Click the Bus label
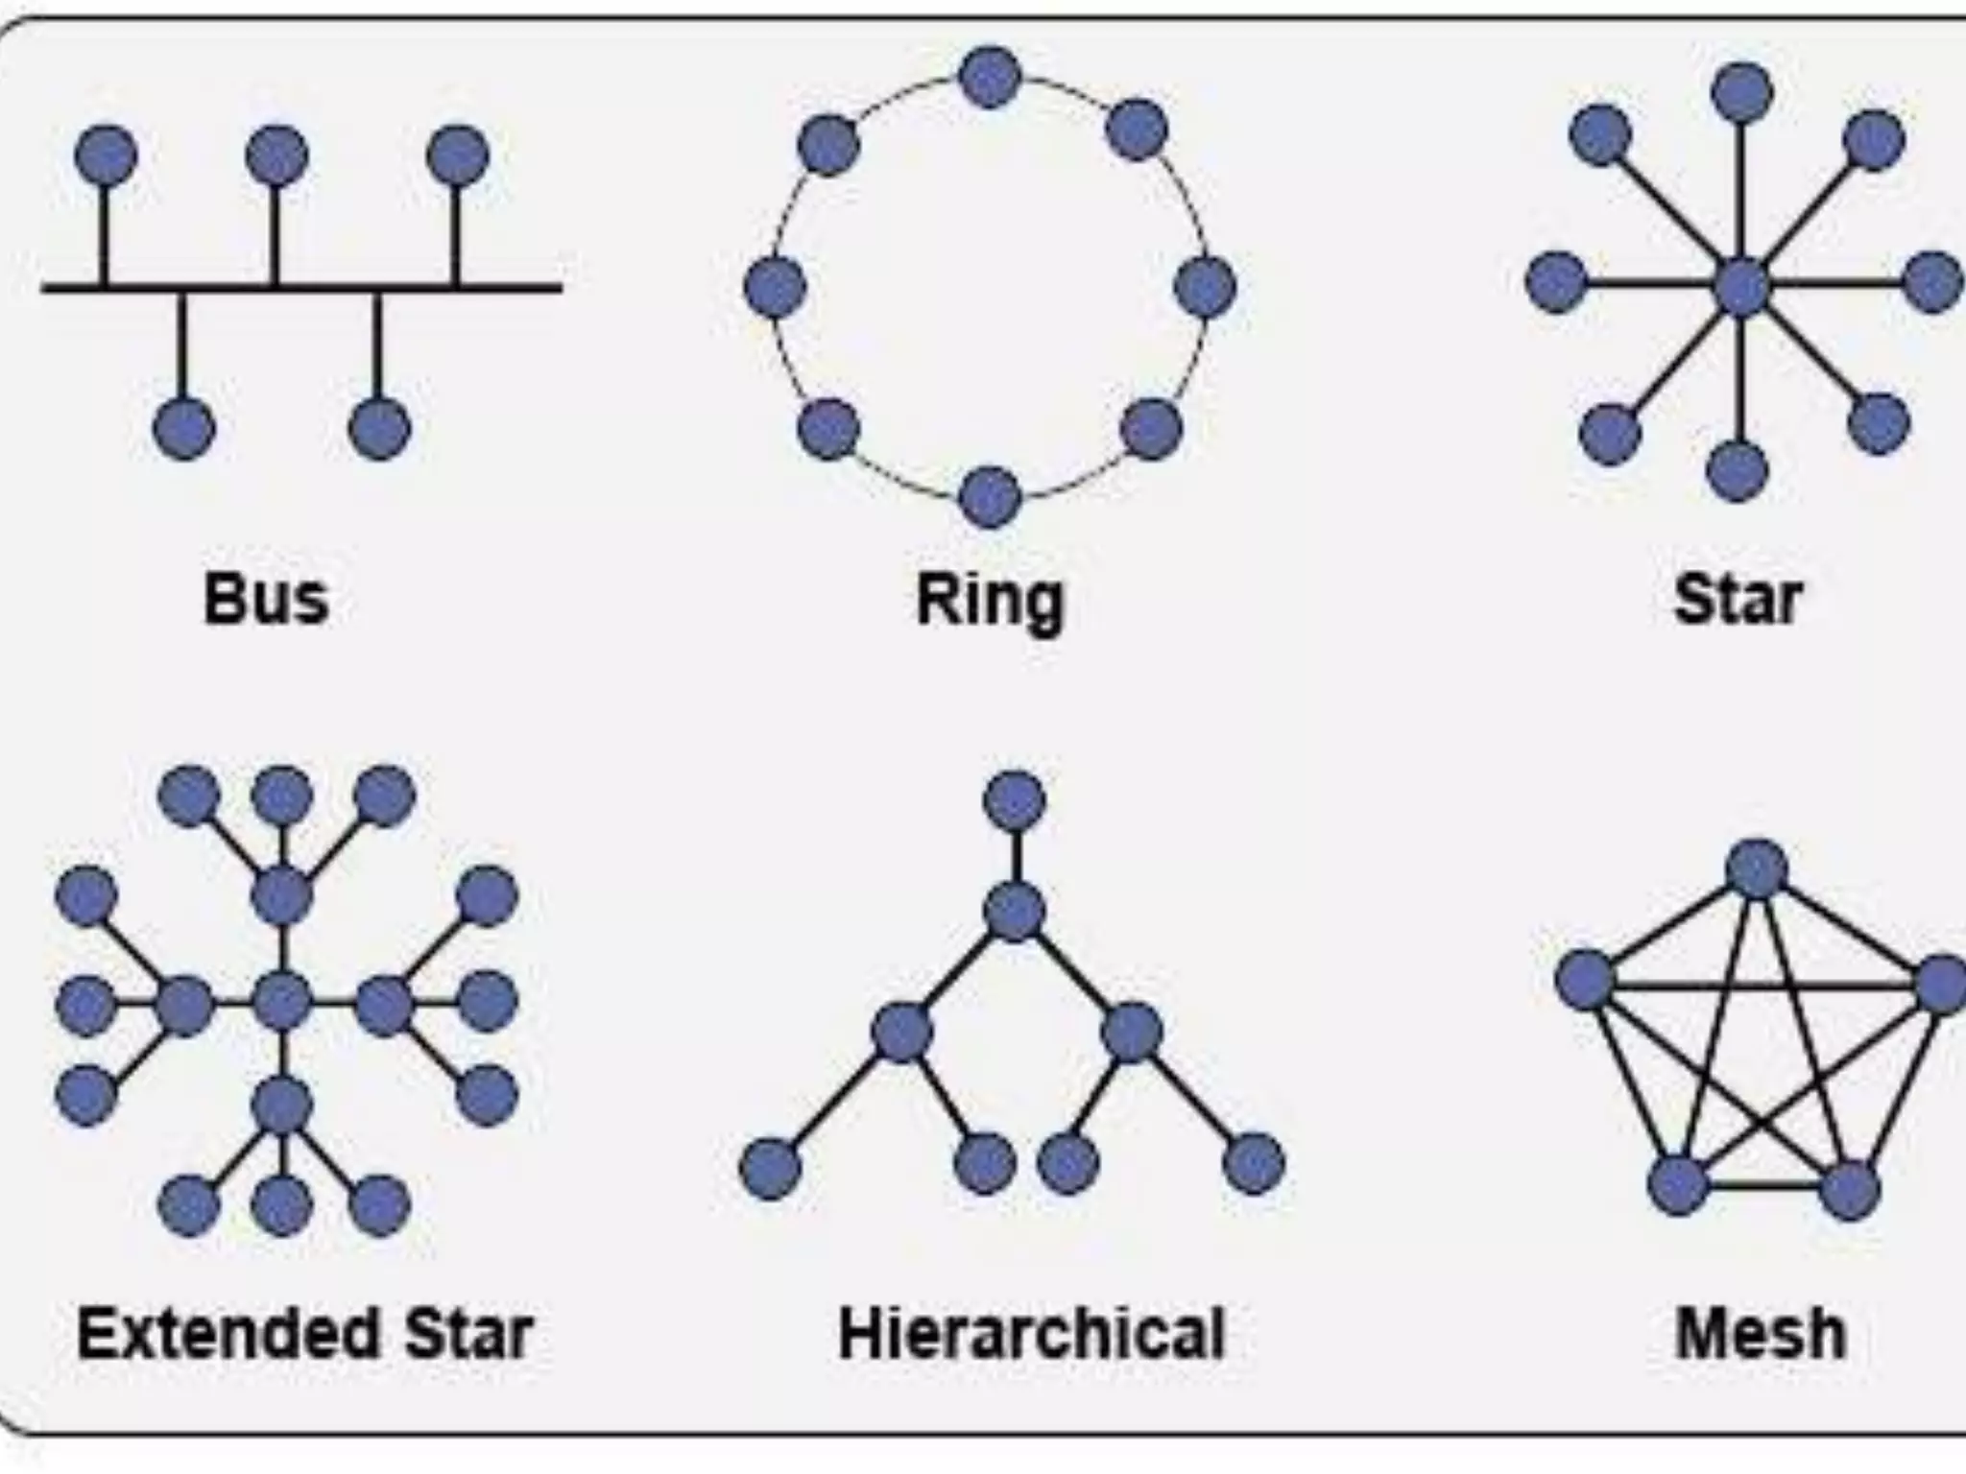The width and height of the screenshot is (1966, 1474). (x=266, y=600)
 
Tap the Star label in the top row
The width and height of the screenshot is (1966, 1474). (x=1737, y=600)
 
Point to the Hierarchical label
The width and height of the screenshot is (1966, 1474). (x=1031, y=1334)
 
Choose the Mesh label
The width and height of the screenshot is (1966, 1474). (x=1761, y=1334)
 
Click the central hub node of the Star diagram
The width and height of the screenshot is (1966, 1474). (x=1741, y=286)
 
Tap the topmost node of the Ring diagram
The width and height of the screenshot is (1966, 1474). (x=990, y=77)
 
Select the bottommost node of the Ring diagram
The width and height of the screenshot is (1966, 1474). (x=990, y=497)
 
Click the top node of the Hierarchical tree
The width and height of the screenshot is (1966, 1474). (x=1015, y=800)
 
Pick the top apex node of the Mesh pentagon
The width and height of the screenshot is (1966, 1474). (x=1757, y=869)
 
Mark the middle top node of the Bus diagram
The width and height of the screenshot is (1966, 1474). (x=276, y=155)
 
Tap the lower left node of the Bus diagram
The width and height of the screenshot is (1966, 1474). (x=184, y=428)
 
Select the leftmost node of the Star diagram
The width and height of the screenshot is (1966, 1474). (x=1556, y=282)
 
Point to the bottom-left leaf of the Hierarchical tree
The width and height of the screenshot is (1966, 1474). (x=770, y=1169)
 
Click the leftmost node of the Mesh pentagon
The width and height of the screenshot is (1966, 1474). (x=1585, y=980)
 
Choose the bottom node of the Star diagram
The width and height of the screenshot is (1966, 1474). (x=1737, y=470)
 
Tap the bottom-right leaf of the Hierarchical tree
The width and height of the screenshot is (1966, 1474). (x=1254, y=1164)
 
